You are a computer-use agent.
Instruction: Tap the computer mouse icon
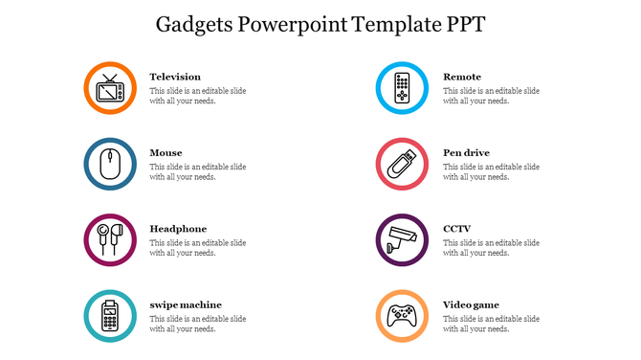(111, 164)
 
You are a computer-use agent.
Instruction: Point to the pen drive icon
(403, 164)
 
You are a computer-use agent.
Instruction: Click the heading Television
(175, 77)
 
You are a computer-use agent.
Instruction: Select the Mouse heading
(166, 152)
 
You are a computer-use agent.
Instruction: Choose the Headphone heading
(178, 229)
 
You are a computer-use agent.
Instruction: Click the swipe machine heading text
(186, 304)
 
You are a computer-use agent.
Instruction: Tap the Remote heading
(462, 77)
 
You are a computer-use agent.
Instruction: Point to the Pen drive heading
(466, 152)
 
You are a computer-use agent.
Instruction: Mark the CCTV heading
(457, 229)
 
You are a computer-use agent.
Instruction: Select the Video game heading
(471, 304)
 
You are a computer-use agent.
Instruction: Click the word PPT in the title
(465, 24)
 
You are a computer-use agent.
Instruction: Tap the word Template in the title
(393, 24)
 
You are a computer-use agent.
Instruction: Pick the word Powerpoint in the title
(290, 24)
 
